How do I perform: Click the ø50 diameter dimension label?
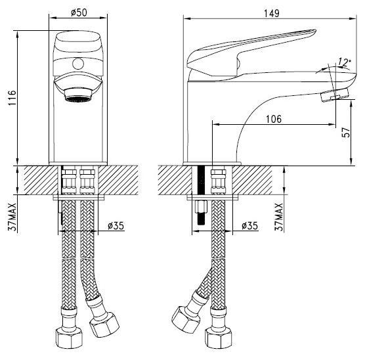click(79, 12)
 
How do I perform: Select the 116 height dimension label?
click(12, 98)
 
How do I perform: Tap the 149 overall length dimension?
click(271, 13)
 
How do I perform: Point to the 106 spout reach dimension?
click(274, 119)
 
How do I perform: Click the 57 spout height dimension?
click(346, 132)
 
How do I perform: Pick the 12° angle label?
click(344, 62)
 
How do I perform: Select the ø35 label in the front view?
click(116, 225)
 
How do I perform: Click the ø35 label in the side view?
click(249, 225)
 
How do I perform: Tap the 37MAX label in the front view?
click(12, 217)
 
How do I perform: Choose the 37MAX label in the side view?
click(279, 217)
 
